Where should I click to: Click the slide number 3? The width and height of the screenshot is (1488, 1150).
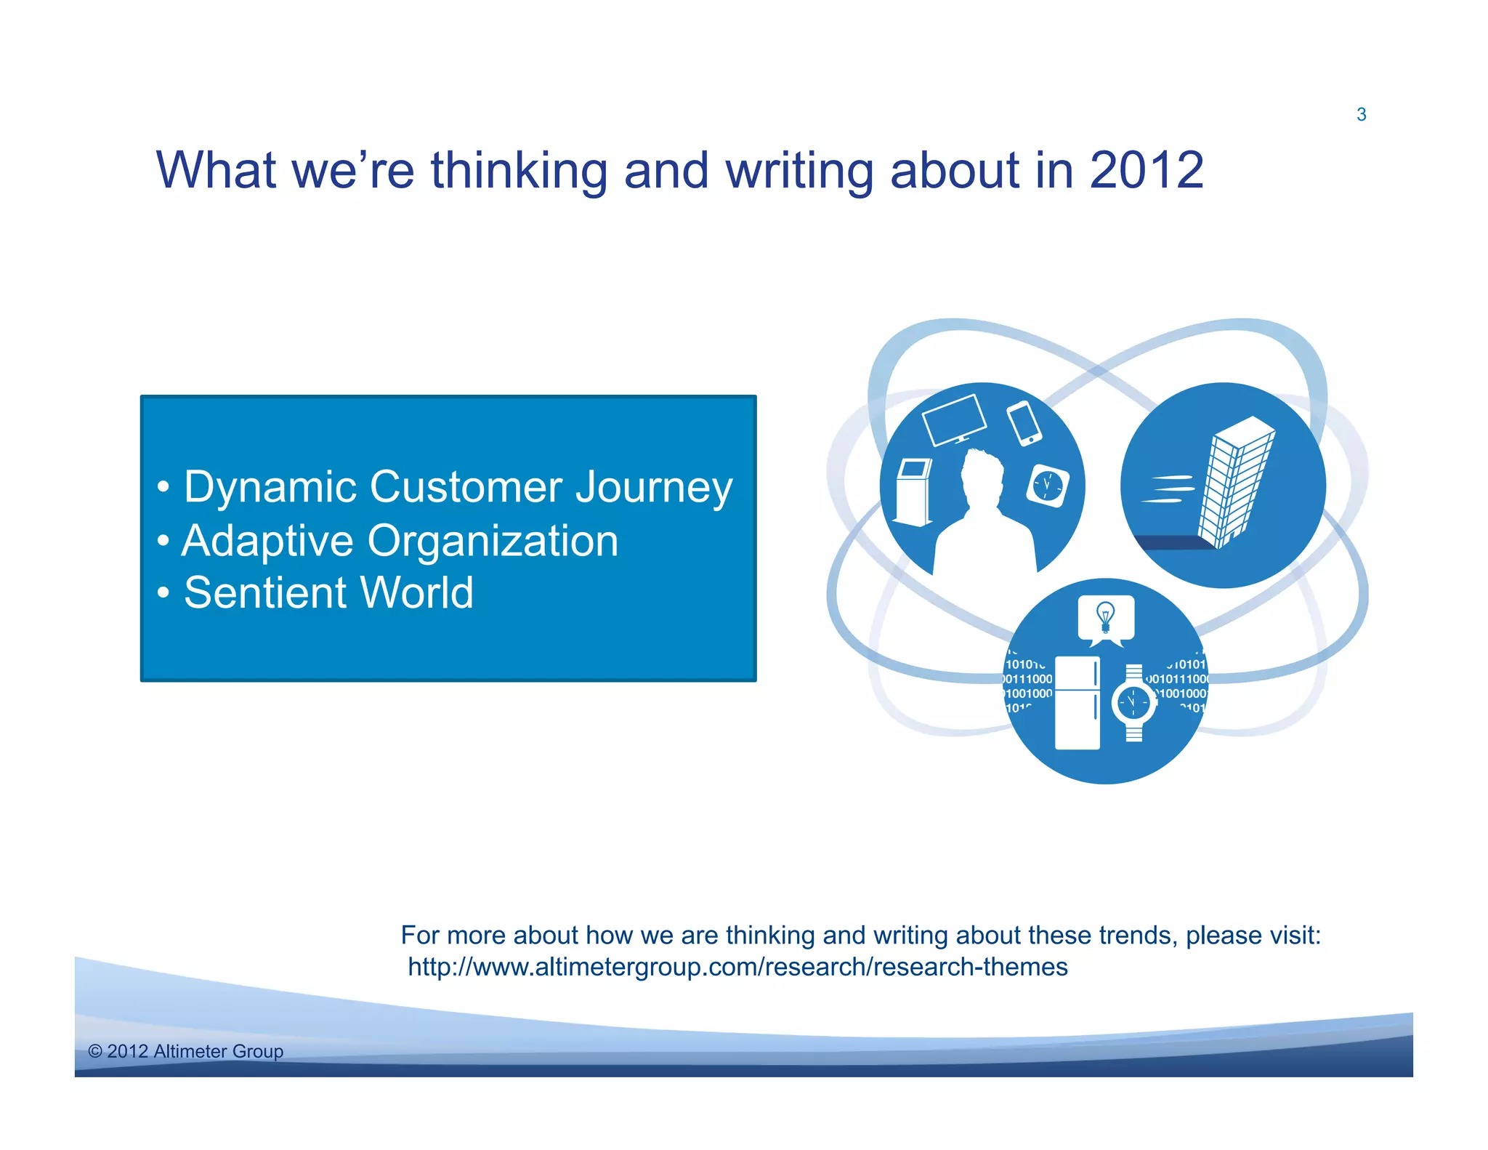click(1361, 115)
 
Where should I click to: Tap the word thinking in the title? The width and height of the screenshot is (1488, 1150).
click(519, 170)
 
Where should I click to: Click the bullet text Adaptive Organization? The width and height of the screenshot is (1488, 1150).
click(400, 541)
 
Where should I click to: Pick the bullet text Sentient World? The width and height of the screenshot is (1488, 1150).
click(328, 592)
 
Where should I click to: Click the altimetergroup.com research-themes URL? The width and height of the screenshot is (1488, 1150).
click(737, 967)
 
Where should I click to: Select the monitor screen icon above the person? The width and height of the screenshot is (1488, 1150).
click(954, 419)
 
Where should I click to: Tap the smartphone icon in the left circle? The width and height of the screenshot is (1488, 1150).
click(1024, 423)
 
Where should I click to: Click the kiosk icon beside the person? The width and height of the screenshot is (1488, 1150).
click(913, 491)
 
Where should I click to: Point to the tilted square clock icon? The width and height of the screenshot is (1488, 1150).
click(1047, 485)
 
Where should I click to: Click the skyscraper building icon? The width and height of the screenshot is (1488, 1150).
click(1236, 482)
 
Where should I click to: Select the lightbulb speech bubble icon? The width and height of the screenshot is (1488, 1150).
click(1105, 619)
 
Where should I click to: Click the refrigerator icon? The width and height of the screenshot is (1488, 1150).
click(1077, 702)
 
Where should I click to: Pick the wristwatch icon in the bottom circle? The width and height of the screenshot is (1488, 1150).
click(1133, 703)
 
